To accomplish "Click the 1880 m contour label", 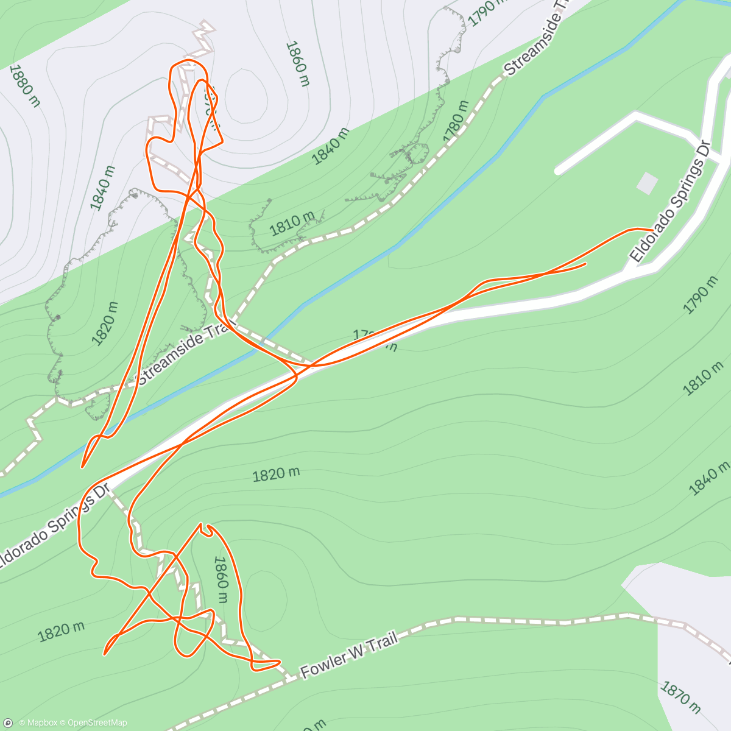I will (25, 86).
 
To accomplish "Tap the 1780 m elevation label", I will (457, 121).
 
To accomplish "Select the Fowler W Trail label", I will (349, 655).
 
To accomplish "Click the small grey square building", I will (647, 183).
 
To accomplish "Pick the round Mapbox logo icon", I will (9, 722).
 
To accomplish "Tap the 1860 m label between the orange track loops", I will (220, 579).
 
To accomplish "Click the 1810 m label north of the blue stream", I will (292, 223).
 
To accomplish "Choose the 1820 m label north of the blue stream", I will (106, 323).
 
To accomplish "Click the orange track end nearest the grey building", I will (652, 230).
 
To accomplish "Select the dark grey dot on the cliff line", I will (58, 317).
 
